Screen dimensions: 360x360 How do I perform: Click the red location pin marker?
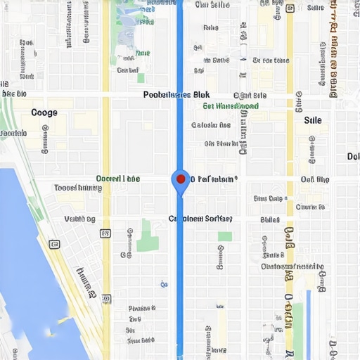[181, 179]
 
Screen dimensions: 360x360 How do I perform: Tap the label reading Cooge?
[44, 112]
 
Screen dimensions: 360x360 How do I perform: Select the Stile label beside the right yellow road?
[313, 120]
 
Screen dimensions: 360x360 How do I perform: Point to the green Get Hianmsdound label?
[231, 106]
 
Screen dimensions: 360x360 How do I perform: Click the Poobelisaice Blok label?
[176, 94]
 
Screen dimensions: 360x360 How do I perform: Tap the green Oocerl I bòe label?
[117, 179]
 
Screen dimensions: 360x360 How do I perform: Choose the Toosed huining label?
[78, 188]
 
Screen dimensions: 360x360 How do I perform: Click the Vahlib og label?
[79, 219]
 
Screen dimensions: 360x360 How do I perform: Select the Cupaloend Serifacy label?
[200, 219]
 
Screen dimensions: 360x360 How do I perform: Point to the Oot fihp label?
[314, 179]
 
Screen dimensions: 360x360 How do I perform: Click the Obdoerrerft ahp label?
[292, 267]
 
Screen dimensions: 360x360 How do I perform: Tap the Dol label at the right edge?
[353, 156]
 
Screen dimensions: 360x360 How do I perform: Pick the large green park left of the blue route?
[148, 236]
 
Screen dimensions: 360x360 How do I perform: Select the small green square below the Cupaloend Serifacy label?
[225, 237]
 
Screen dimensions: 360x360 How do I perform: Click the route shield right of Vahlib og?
[105, 233]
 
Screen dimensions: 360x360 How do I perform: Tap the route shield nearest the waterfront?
[54, 244]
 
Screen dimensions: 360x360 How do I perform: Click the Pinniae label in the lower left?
[142, 308]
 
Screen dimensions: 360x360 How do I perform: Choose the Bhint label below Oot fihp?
[270, 219]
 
